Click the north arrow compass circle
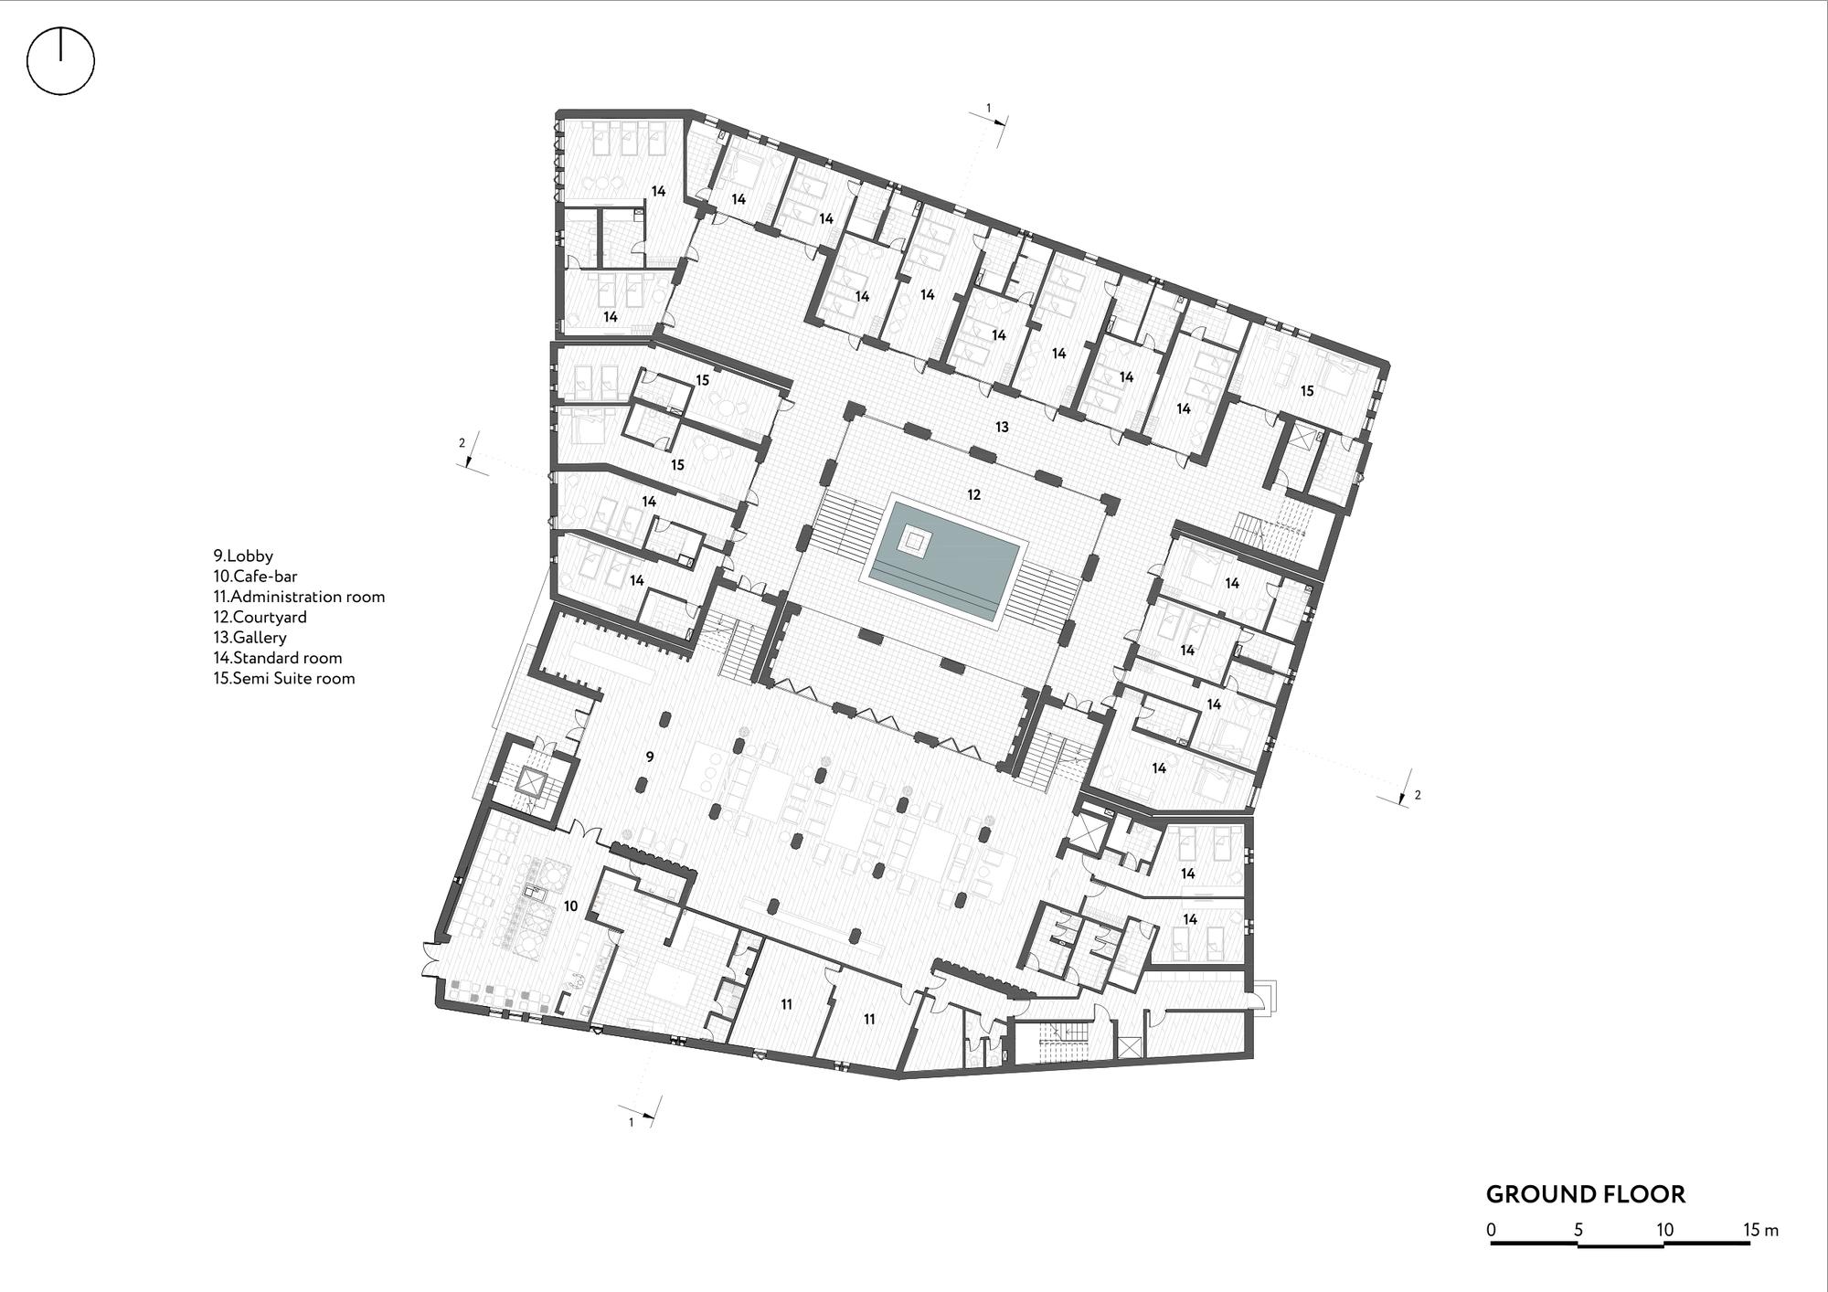60,61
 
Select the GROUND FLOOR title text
1585,1193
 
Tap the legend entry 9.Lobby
243,556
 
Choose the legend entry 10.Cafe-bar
255,577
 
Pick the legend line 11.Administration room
299,597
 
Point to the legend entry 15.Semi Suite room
283,678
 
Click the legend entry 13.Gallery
250,638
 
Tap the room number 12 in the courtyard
973,494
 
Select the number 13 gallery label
1002,427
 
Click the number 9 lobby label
649,757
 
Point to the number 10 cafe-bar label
570,906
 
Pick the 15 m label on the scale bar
1760,1230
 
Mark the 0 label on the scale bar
1491,1230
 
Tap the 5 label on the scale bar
1578,1230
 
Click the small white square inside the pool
913,540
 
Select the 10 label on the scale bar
1664,1230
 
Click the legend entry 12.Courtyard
260,617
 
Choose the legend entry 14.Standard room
278,658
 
